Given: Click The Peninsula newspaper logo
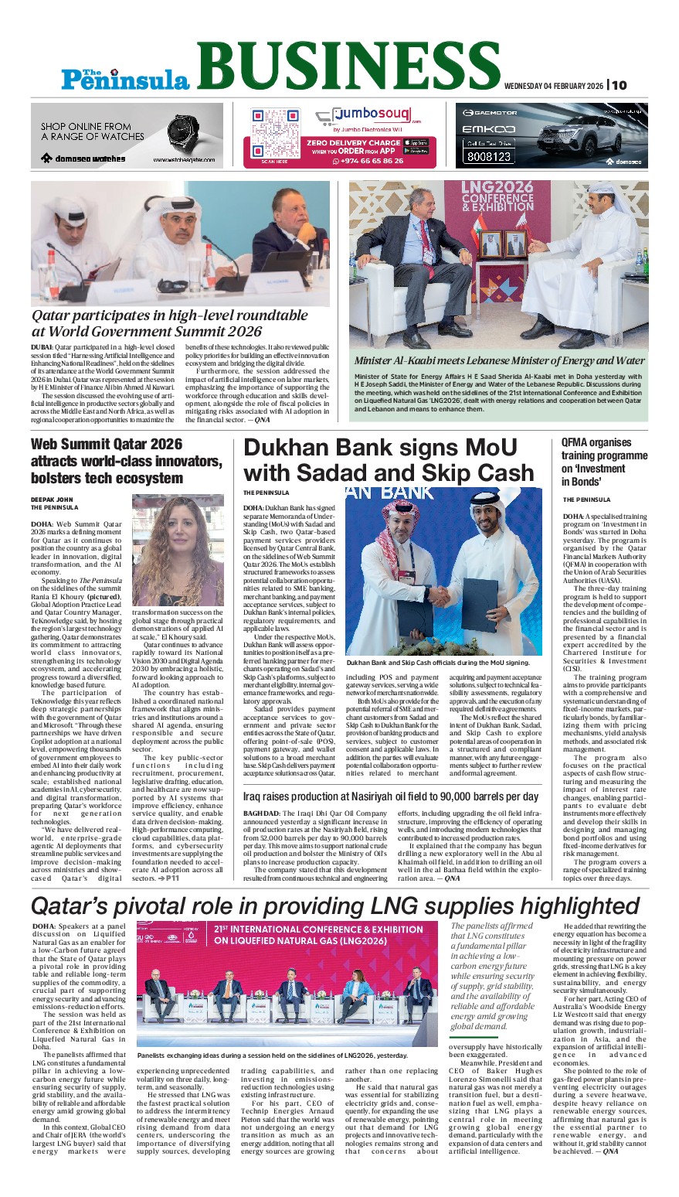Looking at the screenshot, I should point(126,78).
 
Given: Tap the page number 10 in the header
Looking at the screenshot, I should point(620,85).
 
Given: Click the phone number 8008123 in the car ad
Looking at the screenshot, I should point(488,156).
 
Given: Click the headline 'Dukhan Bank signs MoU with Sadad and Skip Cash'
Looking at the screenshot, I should point(389,460).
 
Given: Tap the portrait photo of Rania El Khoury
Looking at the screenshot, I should point(178,550).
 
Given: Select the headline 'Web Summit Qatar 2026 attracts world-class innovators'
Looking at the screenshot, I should point(126,461).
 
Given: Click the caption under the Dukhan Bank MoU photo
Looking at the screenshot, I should point(438,663).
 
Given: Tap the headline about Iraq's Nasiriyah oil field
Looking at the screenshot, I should point(390,796).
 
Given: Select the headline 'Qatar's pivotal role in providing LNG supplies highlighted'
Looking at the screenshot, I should point(335,905).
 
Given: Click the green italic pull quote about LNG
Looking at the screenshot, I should point(492,975).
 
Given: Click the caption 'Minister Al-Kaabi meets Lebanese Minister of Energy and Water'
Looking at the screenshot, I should point(499,360).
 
